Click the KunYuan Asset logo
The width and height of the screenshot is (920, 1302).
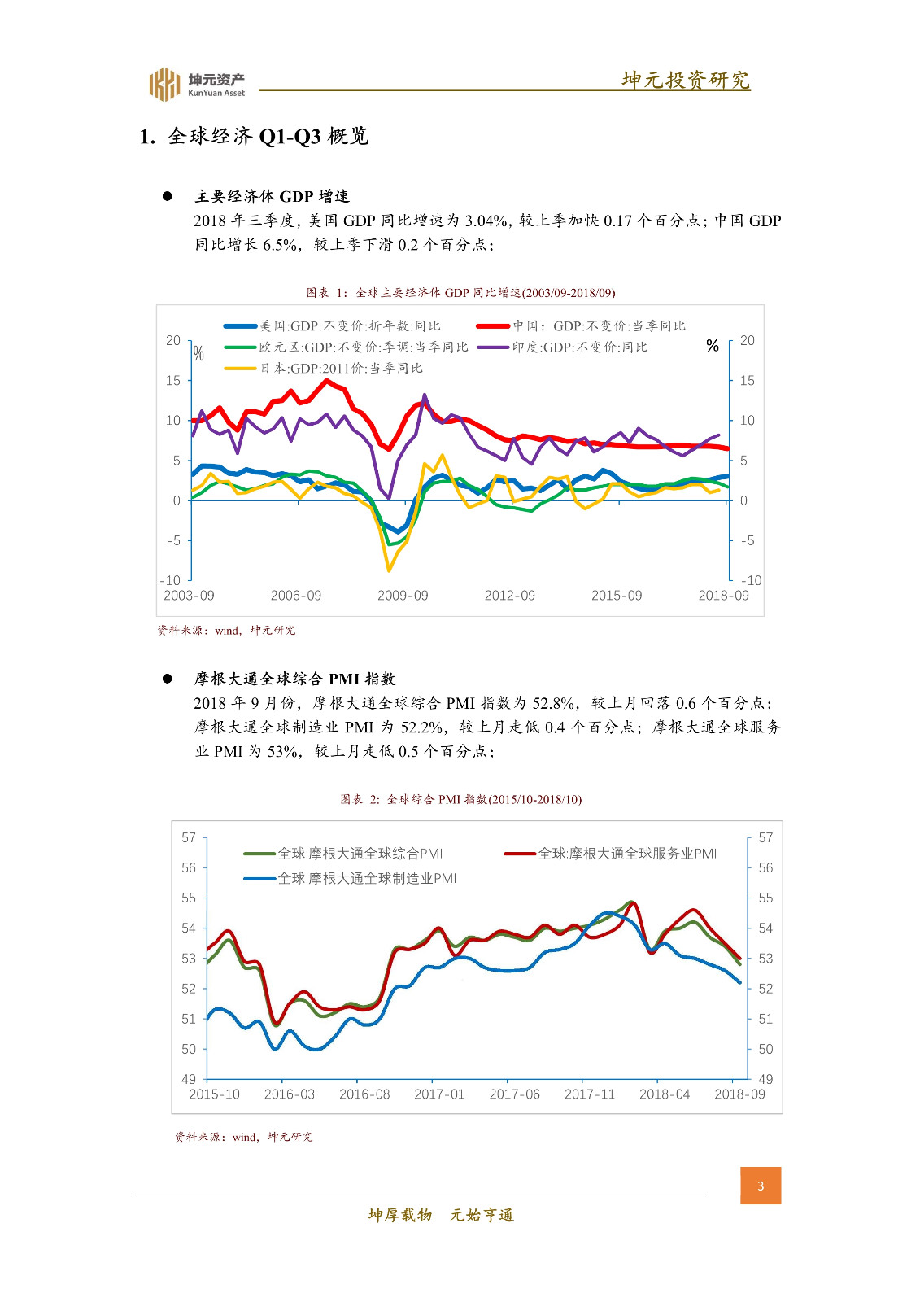pos(196,84)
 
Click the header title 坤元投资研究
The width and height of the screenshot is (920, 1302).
pos(685,80)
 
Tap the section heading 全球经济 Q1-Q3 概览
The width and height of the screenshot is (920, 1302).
pos(254,136)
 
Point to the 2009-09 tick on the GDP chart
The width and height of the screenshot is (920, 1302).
pos(403,596)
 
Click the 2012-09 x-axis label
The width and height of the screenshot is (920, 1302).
pos(509,596)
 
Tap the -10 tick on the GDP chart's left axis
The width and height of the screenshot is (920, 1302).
pos(171,580)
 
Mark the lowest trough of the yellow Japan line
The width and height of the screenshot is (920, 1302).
pos(389,570)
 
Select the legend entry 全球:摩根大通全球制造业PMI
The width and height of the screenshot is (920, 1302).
pos(366,879)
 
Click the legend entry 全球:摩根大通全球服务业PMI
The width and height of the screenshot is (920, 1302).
pos(626,854)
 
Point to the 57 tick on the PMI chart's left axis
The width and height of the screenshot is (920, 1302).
pos(189,837)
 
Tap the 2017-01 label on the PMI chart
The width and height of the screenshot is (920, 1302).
pos(439,1094)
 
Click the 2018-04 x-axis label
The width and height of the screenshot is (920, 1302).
pos(664,1094)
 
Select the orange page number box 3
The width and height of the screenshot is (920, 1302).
pos(761,1186)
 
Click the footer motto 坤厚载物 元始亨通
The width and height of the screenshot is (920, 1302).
pos(441,1215)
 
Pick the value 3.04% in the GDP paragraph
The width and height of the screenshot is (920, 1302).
pos(486,221)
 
